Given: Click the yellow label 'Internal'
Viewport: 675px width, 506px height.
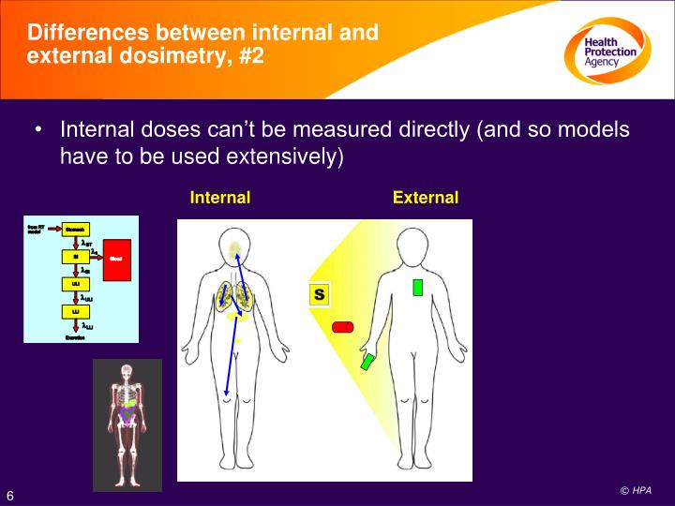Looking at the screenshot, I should point(219,198).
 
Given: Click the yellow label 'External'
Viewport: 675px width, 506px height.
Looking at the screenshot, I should point(426,198).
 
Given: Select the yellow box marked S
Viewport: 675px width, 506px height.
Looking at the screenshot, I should point(319,294).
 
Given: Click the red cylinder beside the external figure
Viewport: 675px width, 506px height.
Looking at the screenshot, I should point(342,327).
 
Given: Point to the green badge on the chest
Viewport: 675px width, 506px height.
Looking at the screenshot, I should point(417,286).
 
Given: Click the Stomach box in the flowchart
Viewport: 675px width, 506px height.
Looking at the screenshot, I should point(75,229).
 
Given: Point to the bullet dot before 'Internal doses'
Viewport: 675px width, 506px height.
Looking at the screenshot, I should point(37,130).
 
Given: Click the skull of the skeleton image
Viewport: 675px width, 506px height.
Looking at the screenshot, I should point(127,372).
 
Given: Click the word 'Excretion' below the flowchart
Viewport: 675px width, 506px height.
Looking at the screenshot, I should point(75,337).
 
